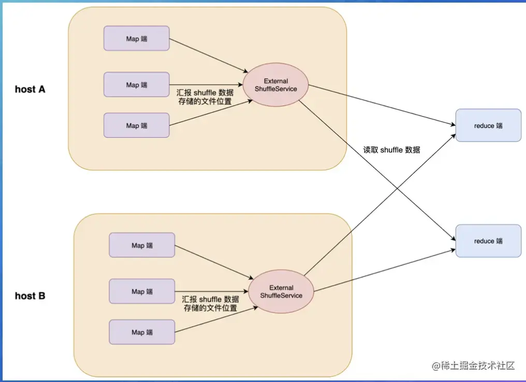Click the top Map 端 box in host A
136,38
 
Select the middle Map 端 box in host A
136,84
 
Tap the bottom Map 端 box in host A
136,125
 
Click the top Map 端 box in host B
141,245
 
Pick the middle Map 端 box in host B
141,291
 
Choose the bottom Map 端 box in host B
141,332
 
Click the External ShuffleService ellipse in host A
276,85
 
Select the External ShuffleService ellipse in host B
281,292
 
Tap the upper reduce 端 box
488,125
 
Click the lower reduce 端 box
488,241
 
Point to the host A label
30,89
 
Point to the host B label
30,296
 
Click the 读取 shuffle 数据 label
391,150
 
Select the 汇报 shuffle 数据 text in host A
204,92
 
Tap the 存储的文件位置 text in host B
210,308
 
